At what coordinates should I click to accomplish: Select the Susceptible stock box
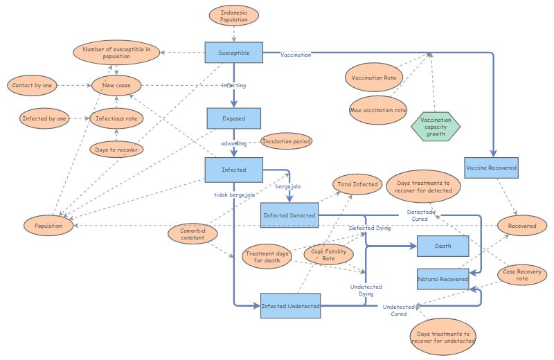(x=234, y=52)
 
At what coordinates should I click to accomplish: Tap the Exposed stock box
(x=233, y=118)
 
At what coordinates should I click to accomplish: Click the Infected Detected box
(x=289, y=215)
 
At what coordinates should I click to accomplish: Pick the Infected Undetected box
(x=290, y=305)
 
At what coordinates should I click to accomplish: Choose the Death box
(x=443, y=245)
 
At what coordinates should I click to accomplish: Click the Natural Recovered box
(x=443, y=279)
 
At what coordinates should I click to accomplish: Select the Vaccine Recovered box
(x=491, y=168)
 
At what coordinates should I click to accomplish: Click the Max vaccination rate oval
(x=379, y=109)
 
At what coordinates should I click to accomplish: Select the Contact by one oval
(x=32, y=86)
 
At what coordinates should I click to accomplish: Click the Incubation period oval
(x=286, y=141)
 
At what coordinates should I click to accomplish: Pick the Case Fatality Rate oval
(x=329, y=255)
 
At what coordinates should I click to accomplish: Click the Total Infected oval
(x=357, y=184)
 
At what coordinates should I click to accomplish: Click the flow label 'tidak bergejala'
(x=234, y=195)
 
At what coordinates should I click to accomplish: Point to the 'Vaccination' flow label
(x=296, y=55)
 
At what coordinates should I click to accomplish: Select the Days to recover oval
(x=116, y=149)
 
